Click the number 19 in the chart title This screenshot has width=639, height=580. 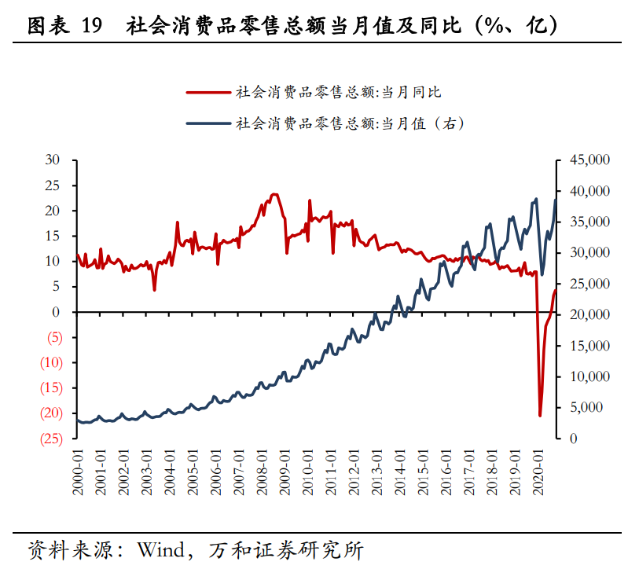coord(91,27)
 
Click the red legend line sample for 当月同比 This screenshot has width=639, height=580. coord(208,92)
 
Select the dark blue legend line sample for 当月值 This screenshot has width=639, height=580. coord(208,123)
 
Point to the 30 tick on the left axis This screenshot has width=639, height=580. coord(53,160)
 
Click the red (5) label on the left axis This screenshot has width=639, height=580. coord(53,337)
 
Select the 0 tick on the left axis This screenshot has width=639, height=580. coord(56,312)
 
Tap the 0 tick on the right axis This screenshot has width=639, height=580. coord(563,438)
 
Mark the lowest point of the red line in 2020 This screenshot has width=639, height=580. coord(540,416)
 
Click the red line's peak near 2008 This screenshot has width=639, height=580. coord(274,194)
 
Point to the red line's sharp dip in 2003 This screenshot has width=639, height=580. coord(154,290)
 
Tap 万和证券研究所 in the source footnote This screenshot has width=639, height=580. coord(286,549)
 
